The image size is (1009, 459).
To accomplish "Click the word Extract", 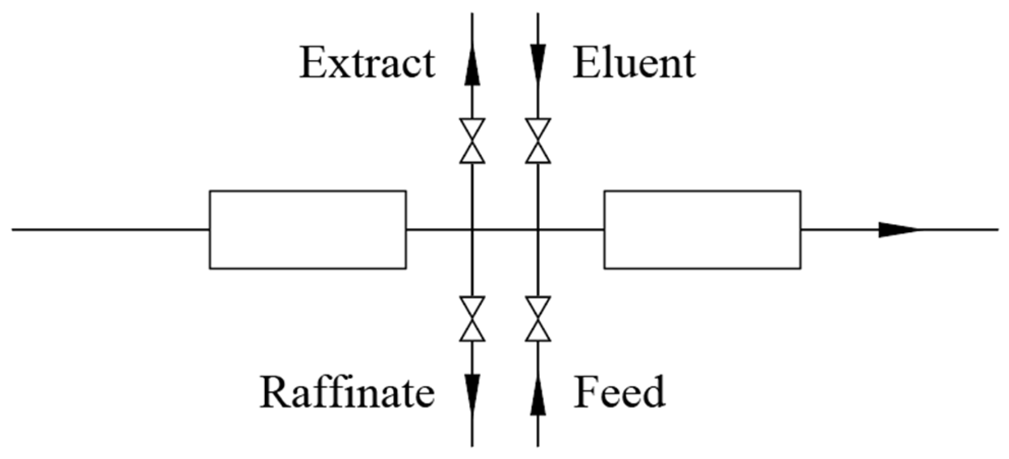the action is [x=368, y=63].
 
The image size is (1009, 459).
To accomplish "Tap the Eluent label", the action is [x=634, y=63].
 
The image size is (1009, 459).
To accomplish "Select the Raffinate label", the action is [x=348, y=391].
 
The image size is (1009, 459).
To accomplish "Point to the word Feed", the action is [x=619, y=391].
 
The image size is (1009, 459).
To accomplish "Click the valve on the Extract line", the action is [x=472, y=141].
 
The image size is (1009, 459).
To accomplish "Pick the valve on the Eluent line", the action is [x=538, y=141].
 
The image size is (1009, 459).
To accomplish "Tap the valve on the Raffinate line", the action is [x=472, y=319].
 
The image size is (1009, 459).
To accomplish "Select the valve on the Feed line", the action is [x=538, y=319].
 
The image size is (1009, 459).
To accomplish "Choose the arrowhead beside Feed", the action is [x=538, y=395].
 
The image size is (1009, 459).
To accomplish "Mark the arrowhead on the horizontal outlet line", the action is [x=899, y=229].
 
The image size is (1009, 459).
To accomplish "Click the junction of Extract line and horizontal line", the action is [x=472, y=229].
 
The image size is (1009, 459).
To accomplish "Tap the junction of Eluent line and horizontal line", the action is [x=538, y=229].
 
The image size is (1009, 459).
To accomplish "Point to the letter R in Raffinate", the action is [x=277, y=391].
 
